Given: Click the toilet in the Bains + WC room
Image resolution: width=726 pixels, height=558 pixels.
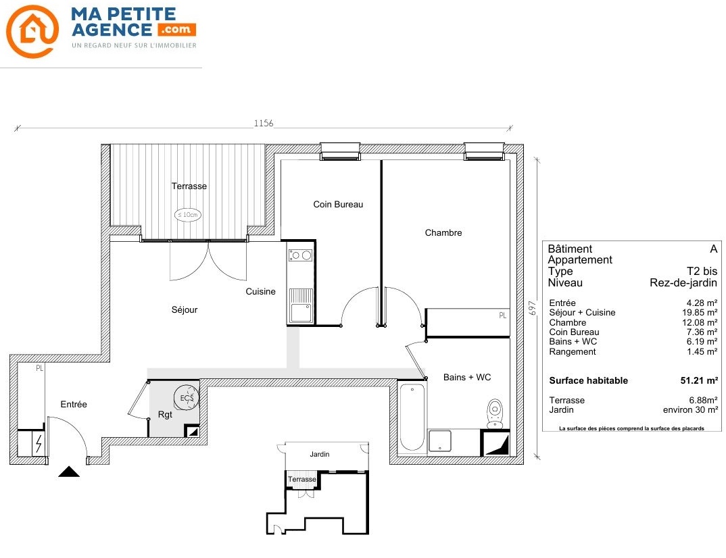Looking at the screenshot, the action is [x=495, y=413].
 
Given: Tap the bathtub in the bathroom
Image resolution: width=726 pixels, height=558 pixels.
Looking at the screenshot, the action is [x=412, y=417].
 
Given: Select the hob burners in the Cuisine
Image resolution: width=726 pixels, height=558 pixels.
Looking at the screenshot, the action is [x=301, y=255].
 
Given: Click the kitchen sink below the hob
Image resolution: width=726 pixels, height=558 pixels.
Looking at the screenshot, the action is [x=301, y=305].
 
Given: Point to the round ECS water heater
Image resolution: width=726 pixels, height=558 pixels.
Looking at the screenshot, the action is [x=187, y=397].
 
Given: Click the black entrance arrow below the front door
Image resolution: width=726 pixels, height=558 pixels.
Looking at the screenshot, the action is [x=69, y=472].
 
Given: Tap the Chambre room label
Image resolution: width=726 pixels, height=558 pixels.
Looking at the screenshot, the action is [x=443, y=233].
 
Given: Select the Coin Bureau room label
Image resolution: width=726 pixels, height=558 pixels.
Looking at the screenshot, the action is [x=338, y=204].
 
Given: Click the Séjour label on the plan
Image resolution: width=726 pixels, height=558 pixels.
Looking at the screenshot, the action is [x=185, y=310].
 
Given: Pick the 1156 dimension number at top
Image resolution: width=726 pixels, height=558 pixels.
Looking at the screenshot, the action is [x=264, y=123].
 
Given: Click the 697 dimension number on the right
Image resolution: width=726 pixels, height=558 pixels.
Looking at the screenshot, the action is [x=533, y=308].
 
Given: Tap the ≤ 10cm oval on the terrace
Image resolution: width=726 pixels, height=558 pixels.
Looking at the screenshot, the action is [x=187, y=215].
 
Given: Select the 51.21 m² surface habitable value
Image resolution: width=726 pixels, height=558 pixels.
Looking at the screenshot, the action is [x=699, y=380].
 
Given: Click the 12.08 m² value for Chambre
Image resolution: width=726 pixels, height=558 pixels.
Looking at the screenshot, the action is [x=700, y=322].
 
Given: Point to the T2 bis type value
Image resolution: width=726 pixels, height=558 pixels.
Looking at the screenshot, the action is [x=702, y=271].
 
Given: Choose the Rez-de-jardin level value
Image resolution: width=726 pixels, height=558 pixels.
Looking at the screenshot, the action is [x=683, y=282].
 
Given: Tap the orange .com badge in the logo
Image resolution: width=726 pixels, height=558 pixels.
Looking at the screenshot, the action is [x=177, y=30].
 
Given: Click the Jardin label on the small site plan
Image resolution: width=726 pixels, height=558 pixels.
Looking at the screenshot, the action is [x=320, y=455].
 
